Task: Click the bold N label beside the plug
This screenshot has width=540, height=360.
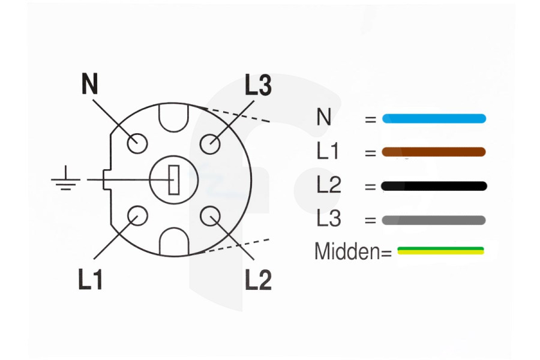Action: pos(90,84)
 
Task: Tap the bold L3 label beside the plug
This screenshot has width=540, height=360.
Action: pos(258,85)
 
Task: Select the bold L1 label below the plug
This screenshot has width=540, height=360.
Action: pos(90,278)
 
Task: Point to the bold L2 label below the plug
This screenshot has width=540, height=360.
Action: pos(258,278)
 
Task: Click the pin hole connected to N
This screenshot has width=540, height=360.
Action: pos(137,143)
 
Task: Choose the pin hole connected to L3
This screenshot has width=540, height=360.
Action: pos(210,143)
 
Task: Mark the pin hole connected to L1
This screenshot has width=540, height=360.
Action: pos(138,215)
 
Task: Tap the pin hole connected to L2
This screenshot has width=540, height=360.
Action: pos(211,216)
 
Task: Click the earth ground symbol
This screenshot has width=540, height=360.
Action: pos(65,178)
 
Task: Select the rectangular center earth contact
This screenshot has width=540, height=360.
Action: pos(174,180)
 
